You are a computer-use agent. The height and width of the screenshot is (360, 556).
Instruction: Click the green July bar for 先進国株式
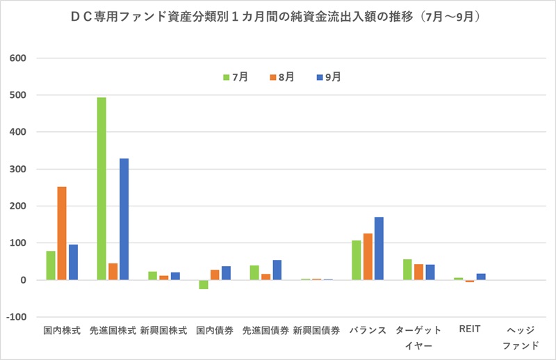(101, 188)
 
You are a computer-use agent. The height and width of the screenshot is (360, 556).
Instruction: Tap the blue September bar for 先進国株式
(124, 219)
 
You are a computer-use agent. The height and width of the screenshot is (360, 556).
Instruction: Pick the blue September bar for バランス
(379, 248)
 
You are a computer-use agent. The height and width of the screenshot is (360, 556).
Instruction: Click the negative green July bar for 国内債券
(203, 284)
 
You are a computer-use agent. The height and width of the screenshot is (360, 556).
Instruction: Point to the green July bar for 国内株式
(51, 265)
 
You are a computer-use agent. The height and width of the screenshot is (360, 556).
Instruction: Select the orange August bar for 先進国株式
(113, 272)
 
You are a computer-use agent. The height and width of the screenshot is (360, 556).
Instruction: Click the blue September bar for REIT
(481, 277)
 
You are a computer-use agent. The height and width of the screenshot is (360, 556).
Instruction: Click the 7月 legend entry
(235, 77)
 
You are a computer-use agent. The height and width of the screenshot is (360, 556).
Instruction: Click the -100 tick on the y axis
(16, 317)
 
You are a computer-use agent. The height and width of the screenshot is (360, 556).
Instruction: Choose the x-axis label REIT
(470, 330)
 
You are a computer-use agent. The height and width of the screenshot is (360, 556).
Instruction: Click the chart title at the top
(278, 15)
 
